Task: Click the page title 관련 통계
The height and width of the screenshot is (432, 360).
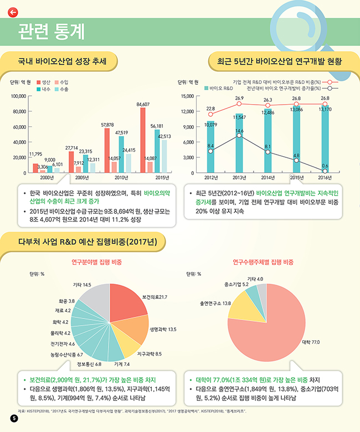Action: tap(51, 32)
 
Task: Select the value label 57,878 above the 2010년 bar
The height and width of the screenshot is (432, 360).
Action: tap(107, 125)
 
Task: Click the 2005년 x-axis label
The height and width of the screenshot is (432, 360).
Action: tap(81, 177)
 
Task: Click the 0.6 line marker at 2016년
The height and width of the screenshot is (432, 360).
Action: tap(325, 171)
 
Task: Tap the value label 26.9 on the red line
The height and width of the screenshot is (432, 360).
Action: tap(239, 98)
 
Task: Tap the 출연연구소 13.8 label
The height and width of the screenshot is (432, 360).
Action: tap(215, 304)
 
